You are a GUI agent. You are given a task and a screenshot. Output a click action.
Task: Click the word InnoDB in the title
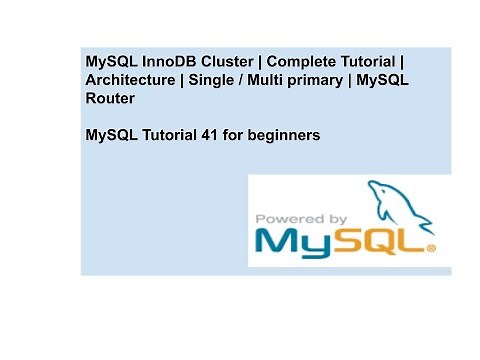click(164, 61)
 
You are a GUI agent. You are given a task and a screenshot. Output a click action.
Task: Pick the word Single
click(211, 80)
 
